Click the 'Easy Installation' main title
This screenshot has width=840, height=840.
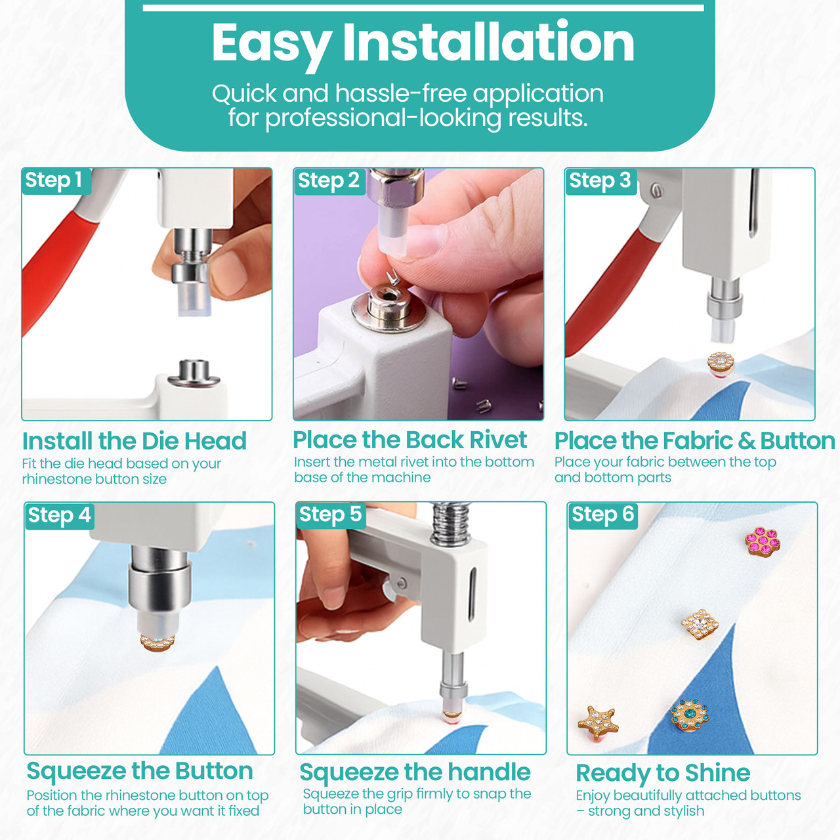pos(423,43)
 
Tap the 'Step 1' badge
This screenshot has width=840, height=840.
pos(56,180)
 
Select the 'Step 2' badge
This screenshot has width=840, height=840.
pos(329,181)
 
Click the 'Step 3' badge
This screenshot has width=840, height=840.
pos(600,181)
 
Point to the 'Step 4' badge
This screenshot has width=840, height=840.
pos(59,516)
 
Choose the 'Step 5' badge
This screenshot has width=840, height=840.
pos(330,514)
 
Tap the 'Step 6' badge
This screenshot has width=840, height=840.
pos(603,515)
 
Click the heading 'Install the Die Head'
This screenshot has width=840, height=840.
pos(135,441)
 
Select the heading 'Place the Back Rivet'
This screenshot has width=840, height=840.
pos(409,440)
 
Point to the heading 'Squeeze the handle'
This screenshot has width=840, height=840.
pos(415,773)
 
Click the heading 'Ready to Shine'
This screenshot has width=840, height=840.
pos(663,774)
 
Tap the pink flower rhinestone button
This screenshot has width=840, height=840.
pos(763,541)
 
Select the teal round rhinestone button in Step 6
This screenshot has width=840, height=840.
pos(690,715)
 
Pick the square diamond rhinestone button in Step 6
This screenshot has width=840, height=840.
pos(700,624)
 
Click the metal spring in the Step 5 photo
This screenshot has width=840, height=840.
pos(450,523)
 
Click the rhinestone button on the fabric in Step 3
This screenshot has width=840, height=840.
pos(721,364)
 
